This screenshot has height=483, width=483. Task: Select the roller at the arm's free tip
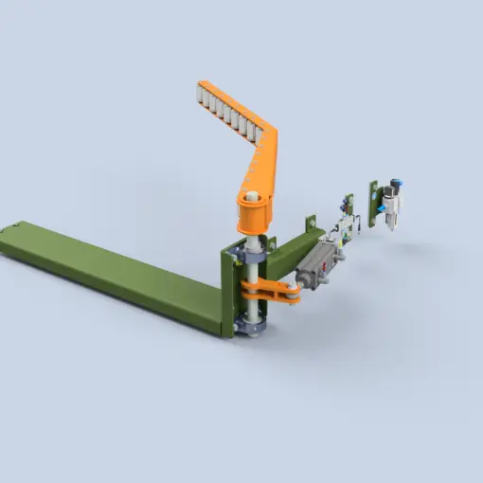201,91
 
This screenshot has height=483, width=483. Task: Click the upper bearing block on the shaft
253,256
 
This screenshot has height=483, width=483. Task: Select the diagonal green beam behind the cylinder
294,248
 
